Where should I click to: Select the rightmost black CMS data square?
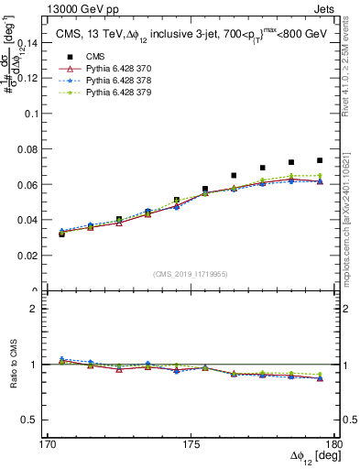coord(320,160)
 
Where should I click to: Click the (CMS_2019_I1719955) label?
coord(189,273)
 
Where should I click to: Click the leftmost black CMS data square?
coord(62,234)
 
